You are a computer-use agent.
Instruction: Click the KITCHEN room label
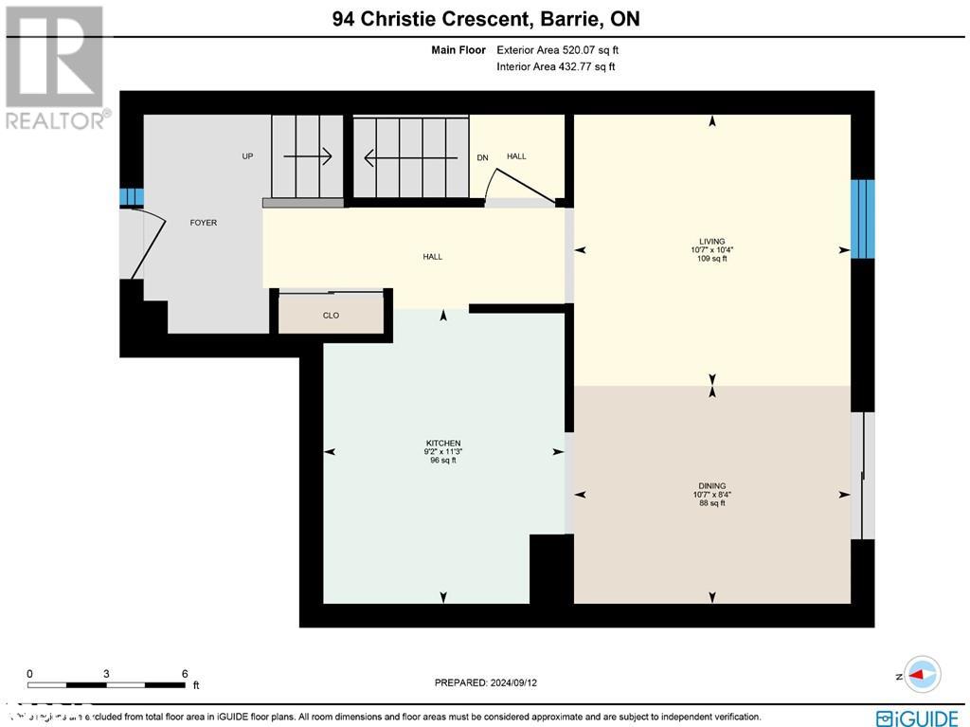point(443,444)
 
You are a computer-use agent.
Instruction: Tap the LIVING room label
point(711,242)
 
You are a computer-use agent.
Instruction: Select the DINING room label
point(710,486)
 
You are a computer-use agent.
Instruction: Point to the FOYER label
point(203,223)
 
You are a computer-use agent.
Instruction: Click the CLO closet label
point(331,316)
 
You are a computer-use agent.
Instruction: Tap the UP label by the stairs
point(247,156)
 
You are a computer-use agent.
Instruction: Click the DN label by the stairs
point(482,157)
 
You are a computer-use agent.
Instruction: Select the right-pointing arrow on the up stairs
point(308,156)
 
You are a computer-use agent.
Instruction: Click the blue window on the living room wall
point(862,218)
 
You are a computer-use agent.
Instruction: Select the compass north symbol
point(922,675)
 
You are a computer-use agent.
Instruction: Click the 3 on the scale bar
point(106,673)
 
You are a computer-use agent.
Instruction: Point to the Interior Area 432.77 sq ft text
point(556,66)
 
